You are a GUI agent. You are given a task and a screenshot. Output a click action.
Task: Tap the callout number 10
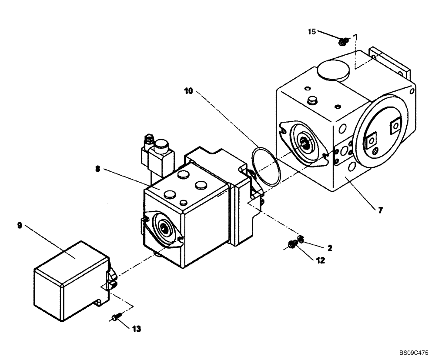point(187,90)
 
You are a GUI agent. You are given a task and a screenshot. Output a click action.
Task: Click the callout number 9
point(20,225)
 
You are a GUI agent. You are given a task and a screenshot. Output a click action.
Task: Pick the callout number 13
point(137,329)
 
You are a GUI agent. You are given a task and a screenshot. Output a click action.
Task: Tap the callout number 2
point(330,248)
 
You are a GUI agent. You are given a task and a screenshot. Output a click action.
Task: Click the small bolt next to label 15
point(344,41)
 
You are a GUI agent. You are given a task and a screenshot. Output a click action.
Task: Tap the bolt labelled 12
point(292,246)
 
